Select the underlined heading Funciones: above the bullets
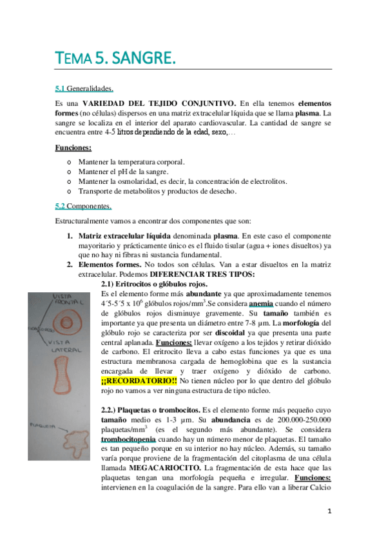73,148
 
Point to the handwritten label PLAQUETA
42,425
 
